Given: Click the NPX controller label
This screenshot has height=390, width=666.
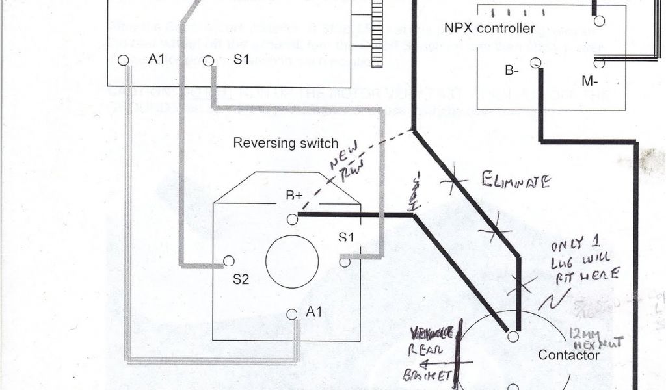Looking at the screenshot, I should [490, 29].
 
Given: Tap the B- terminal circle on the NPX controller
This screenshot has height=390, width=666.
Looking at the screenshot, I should [535, 63].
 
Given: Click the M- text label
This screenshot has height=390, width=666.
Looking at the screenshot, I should [590, 81].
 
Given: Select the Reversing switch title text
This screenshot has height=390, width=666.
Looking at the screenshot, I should [286, 143].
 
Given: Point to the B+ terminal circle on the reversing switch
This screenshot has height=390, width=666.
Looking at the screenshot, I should [293, 220].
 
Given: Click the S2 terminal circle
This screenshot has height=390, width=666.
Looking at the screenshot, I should [228, 261].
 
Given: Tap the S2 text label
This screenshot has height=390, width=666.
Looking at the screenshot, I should [241, 281].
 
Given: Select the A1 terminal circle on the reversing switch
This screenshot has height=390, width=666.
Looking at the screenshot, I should [292, 314].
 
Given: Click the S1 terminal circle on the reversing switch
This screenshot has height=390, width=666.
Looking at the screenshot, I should [345, 262].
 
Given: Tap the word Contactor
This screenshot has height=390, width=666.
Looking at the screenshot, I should [568, 356].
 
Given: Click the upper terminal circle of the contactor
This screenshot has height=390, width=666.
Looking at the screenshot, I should [513, 337].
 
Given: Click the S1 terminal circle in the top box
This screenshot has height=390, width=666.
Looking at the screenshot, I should [208, 61].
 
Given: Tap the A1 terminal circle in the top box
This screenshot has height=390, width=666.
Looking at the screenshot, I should [124, 60].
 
